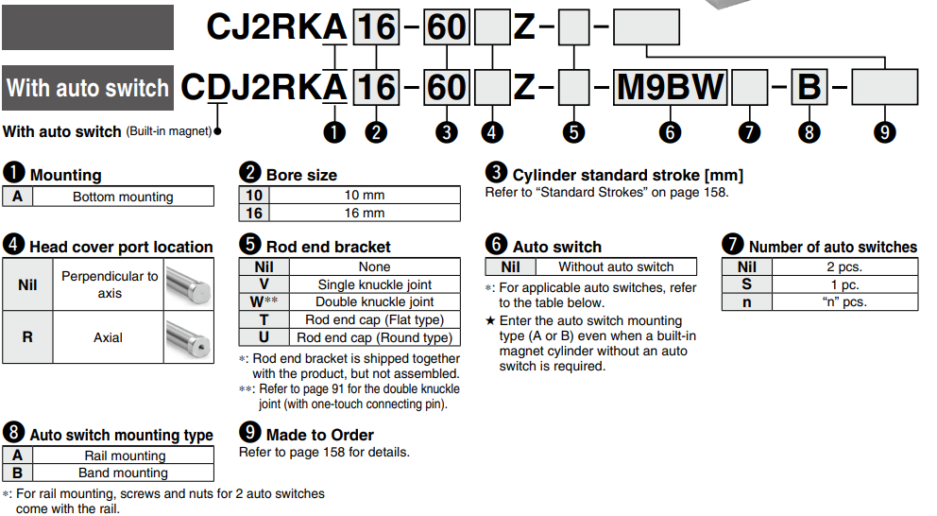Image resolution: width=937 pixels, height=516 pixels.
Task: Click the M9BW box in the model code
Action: pyautogui.click(x=670, y=88)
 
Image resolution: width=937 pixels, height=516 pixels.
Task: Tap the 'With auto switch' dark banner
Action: pyautogui.click(x=88, y=88)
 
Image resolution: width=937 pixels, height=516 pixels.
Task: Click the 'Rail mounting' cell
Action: pyautogui.click(x=125, y=456)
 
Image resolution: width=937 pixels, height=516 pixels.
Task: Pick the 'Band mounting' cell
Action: pyautogui.click(x=125, y=473)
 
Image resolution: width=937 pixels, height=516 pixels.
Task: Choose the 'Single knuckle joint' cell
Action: pyautogui.click(x=374, y=284)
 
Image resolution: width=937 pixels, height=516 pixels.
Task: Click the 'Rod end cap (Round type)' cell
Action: pyautogui.click(x=374, y=336)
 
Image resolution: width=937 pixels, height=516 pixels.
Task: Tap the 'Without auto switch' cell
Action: pyautogui.click(x=616, y=267)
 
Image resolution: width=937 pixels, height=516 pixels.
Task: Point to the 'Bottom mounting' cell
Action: pyautogui.click(x=123, y=198)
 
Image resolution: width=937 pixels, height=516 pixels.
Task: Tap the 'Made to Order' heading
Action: pyautogui.click(x=319, y=435)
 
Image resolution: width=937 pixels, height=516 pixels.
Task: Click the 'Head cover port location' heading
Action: pyautogui.click(x=121, y=247)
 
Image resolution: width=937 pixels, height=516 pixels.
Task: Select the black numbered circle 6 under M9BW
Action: pyautogui.click(x=670, y=132)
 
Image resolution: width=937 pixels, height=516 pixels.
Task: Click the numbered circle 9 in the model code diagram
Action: pyautogui.click(x=884, y=132)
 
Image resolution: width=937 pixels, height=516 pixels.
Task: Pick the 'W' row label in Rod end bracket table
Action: pyautogui.click(x=264, y=302)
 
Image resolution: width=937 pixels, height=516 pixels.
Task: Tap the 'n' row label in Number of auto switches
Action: pyautogui.click(x=746, y=302)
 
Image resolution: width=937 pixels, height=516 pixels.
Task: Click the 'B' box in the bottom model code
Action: pyautogui.click(x=809, y=88)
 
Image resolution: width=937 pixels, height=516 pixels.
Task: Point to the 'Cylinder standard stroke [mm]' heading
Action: pyautogui.click(x=627, y=175)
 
